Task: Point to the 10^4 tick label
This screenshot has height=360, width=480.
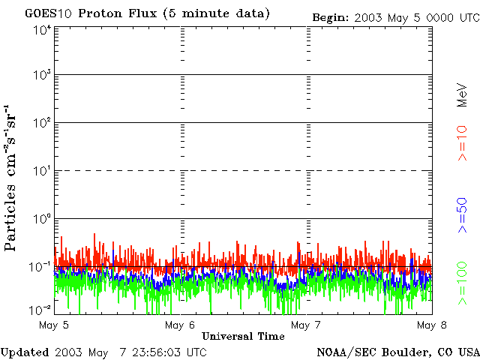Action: click(42, 30)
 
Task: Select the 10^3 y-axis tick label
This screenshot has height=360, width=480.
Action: click(42, 75)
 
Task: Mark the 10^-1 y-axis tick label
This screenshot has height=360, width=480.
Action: click(41, 266)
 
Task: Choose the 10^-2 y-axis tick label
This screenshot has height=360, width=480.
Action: click(41, 310)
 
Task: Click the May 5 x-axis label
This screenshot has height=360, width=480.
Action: click(54, 325)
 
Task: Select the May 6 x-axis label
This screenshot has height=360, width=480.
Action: click(180, 325)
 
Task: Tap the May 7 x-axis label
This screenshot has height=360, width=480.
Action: click(305, 325)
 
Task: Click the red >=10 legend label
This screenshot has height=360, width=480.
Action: click(463, 142)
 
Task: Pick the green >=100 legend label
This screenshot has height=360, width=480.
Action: click(463, 283)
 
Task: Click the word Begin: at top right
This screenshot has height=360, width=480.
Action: click(330, 16)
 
